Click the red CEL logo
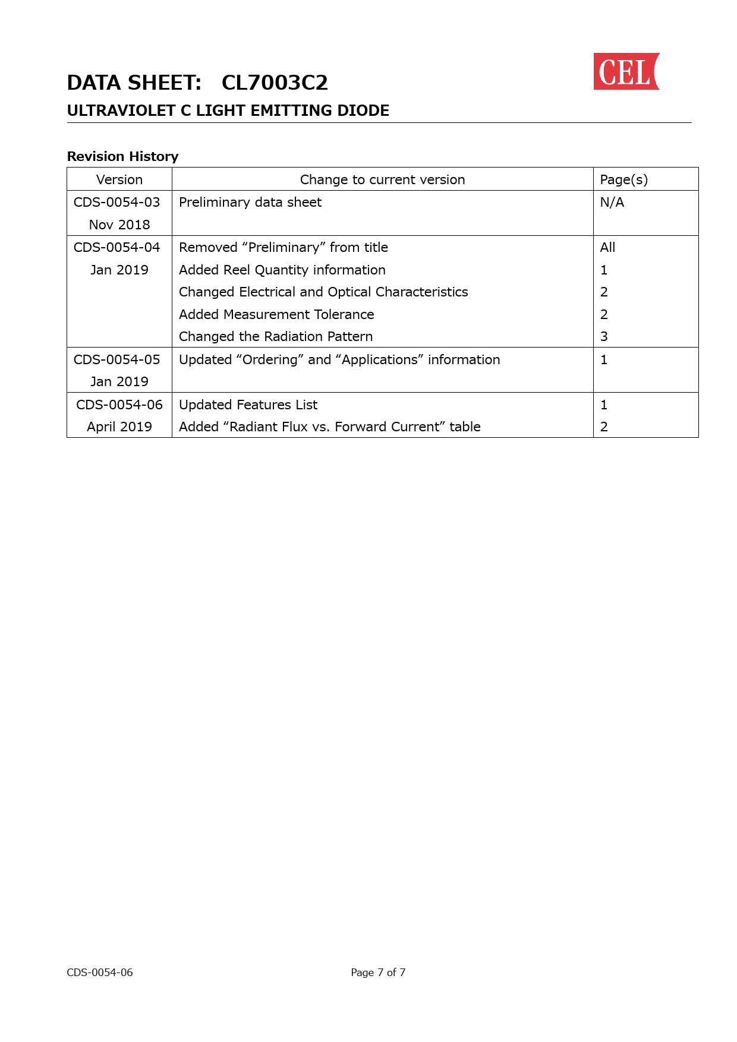tap(626, 72)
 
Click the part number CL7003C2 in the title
tap(275, 83)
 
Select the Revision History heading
tap(122, 156)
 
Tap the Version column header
tap(119, 179)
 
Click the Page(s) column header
tap(623, 179)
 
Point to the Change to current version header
tap(382, 179)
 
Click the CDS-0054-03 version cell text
tap(117, 202)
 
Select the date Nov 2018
tap(119, 225)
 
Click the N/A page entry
tap(612, 202)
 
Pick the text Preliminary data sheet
tap(250, 202)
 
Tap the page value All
tap(607, 247)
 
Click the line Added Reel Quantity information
tap(282, 270)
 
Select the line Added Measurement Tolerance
tap(276, 314)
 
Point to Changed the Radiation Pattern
tap(276, 336)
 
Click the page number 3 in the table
tap(604, 336)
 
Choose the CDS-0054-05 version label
tap(117, 359)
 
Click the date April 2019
tap(119, 427)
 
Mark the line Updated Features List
tap(248, 405)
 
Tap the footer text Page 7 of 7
tap(378, 972)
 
